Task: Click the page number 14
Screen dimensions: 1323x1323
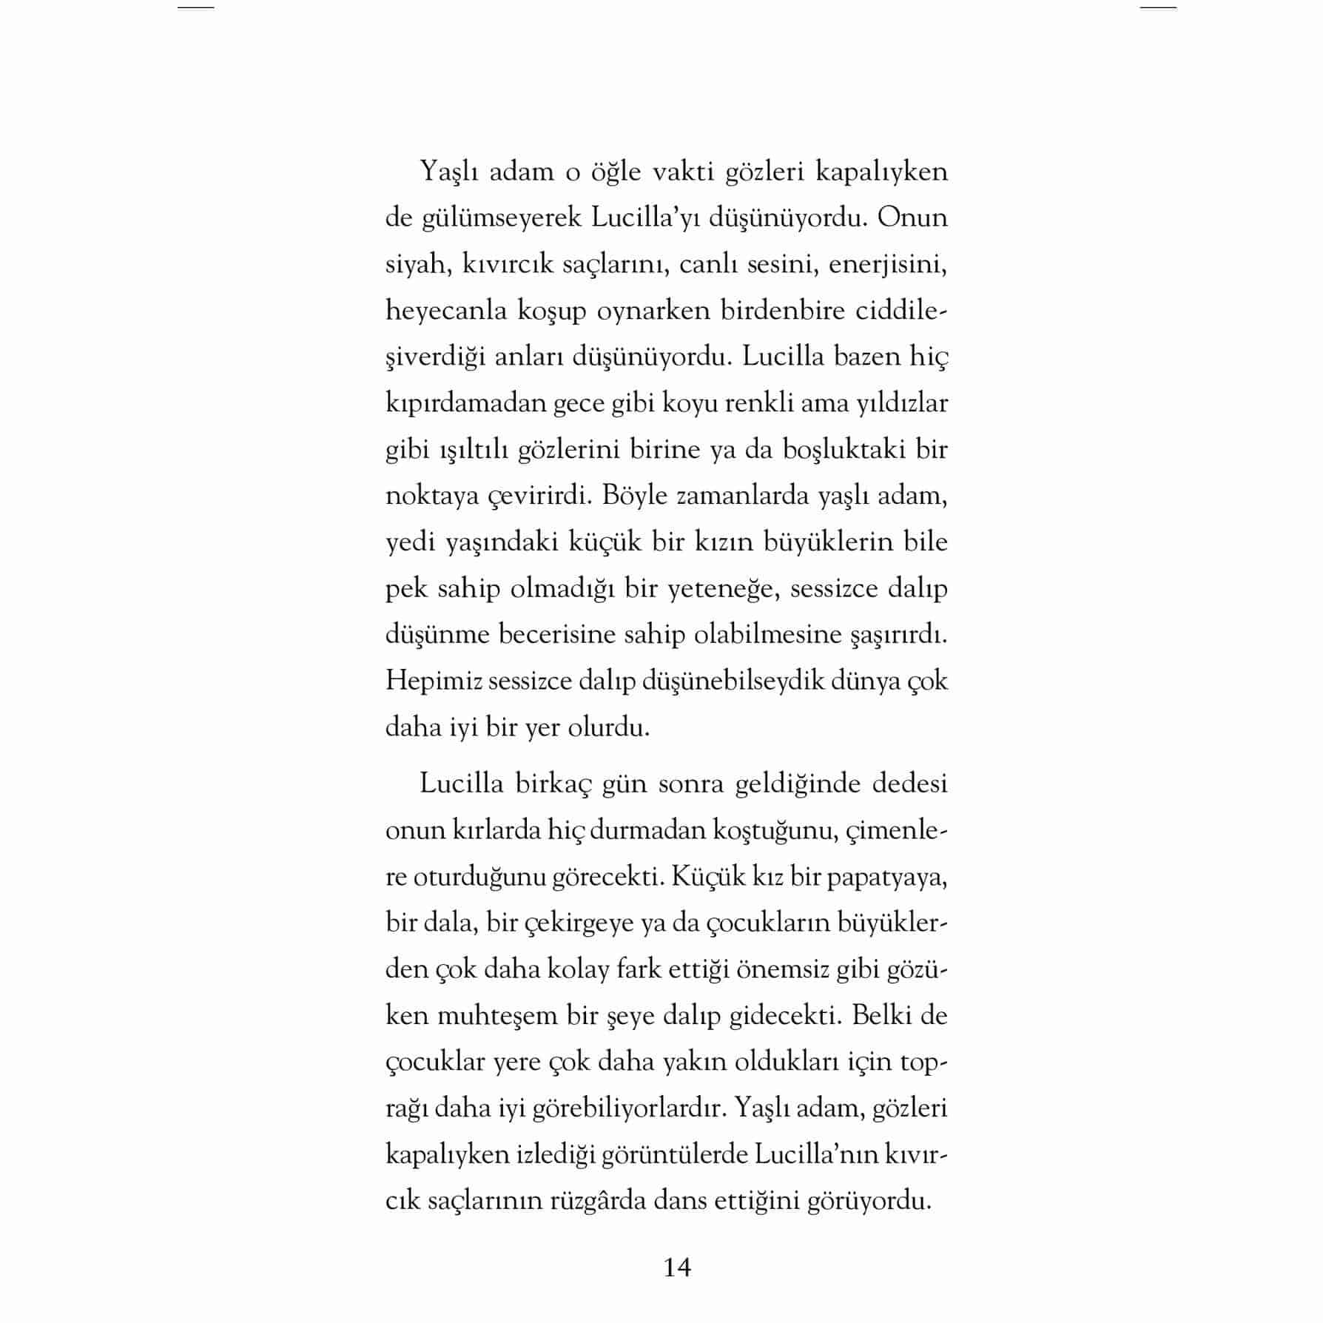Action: tap(677, 1268)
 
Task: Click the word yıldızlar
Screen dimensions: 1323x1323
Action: tap(901, 403)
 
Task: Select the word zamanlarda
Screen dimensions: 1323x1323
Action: tap(741, 496)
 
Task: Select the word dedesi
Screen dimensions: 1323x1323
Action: tap(909, 784)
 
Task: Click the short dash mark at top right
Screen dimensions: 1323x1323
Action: tap(1158, 7)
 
